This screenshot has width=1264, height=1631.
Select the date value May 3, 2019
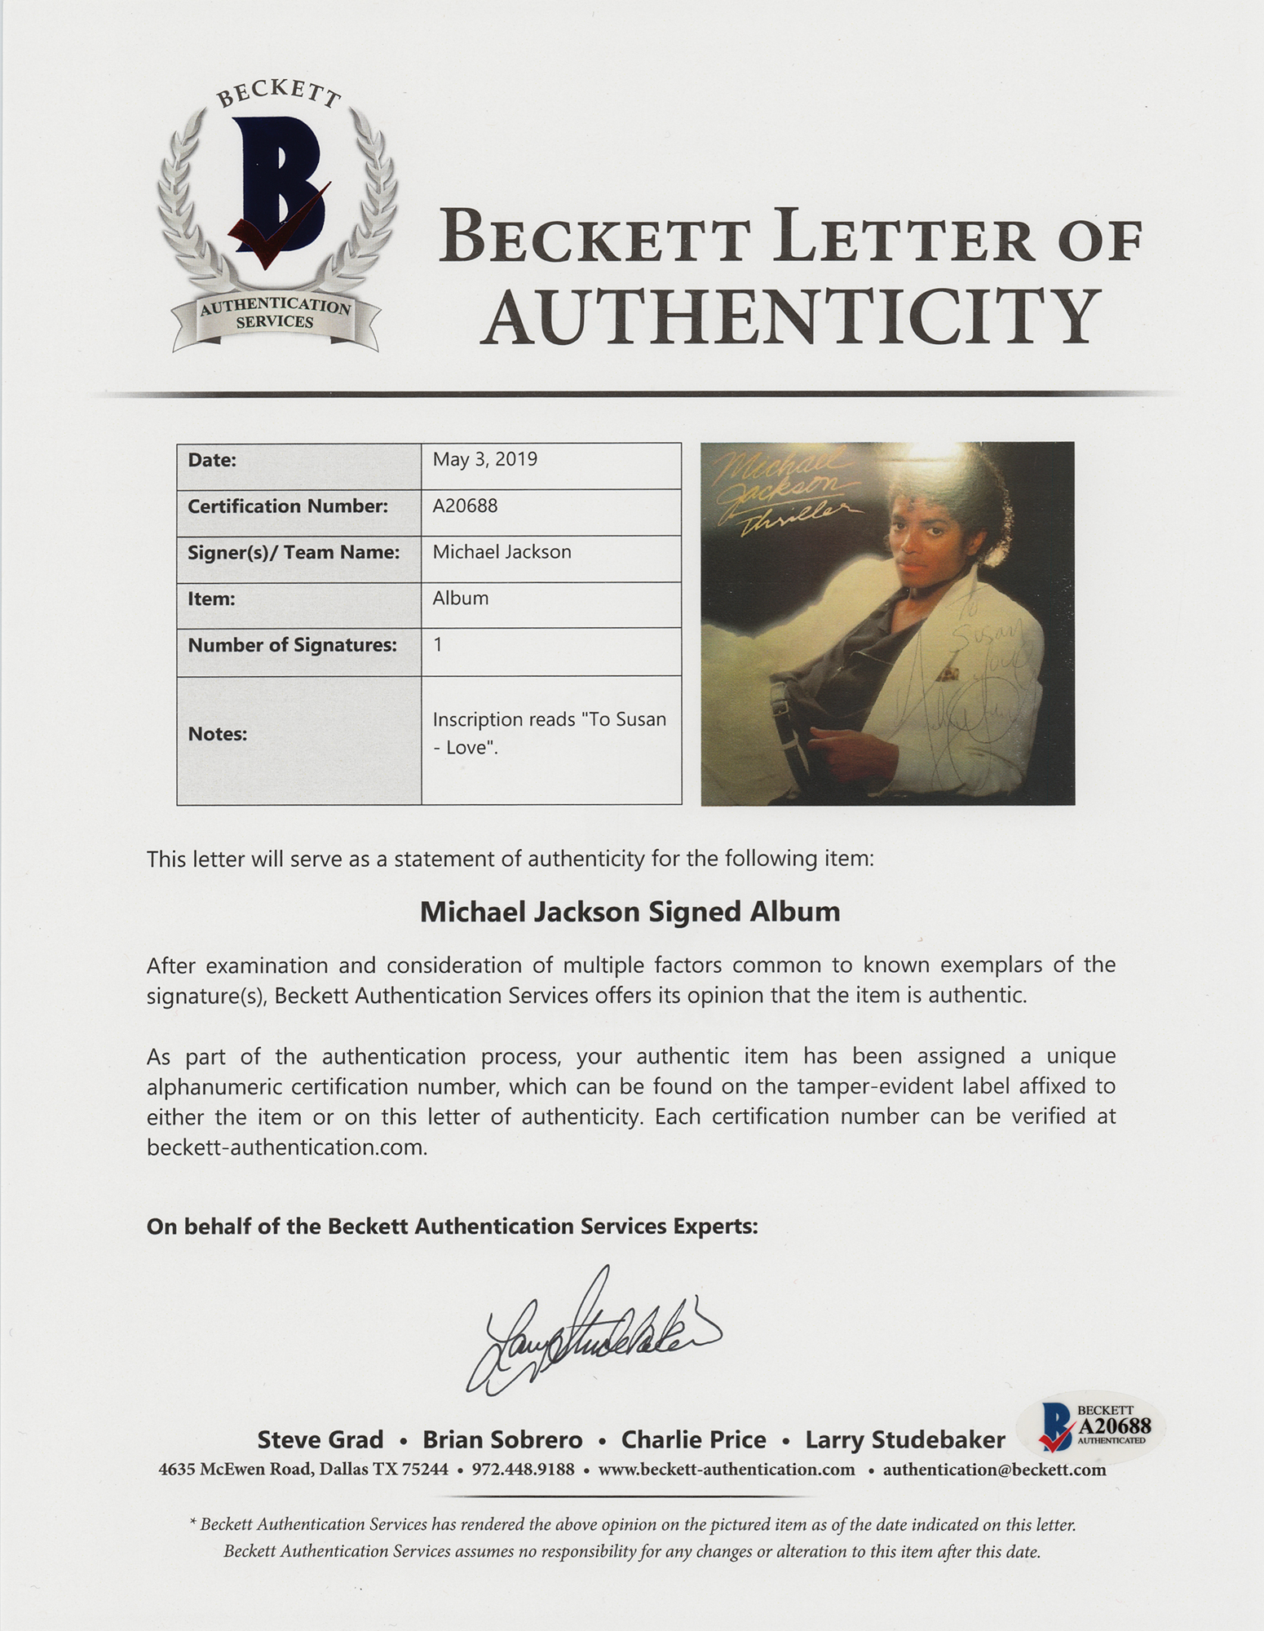484,459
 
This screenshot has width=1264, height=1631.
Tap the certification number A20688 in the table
465,506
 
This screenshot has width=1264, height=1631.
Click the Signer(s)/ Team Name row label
294,552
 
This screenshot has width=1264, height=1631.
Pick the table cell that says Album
461,598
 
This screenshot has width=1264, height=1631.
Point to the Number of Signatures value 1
438,644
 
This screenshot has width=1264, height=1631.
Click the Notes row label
218,734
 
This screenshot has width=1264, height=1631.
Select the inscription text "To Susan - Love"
549,733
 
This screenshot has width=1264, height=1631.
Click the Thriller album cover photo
887,623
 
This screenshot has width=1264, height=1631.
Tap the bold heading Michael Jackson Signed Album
630,911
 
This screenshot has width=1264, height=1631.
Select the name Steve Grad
320,1439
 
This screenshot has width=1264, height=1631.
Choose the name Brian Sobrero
502,1439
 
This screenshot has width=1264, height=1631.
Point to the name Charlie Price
693,1439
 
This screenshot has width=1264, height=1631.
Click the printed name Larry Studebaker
904,1439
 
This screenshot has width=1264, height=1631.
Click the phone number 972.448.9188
523,1470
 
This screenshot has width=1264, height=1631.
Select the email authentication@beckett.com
994,1470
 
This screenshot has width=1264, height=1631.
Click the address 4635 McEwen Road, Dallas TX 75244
303,1470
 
